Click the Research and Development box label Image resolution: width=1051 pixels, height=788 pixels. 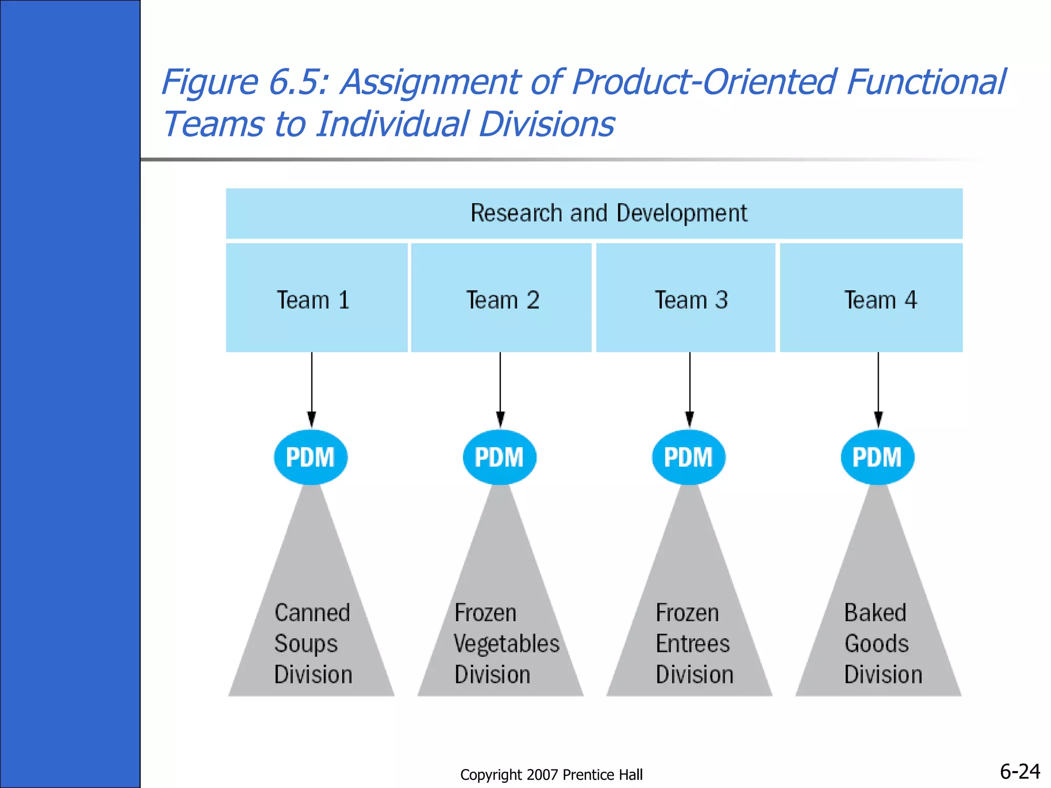(609, 213)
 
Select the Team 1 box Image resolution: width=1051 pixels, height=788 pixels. (314, 300)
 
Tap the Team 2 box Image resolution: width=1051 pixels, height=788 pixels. (502, 300)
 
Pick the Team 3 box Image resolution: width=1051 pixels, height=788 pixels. (691, 300)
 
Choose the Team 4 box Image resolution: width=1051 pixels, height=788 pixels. (880, 300)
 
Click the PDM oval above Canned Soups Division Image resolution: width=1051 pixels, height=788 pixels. (310, 457)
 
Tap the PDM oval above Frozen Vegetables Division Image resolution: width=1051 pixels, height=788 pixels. (499, 457)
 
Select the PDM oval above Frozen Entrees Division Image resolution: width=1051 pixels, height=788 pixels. (689, 457)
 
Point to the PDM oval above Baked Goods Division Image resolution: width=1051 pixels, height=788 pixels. (878, 457)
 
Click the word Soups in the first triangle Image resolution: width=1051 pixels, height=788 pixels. (306, 644)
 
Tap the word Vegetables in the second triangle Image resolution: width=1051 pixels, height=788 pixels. (507, 644)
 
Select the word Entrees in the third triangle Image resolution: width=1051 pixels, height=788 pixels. (693, 644)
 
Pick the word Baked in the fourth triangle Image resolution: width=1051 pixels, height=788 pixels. (875, 613)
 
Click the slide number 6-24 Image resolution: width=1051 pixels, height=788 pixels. (1020, 772)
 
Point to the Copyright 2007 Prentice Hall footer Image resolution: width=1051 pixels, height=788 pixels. (551, 775)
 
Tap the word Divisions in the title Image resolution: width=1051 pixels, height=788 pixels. (547, 124)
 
